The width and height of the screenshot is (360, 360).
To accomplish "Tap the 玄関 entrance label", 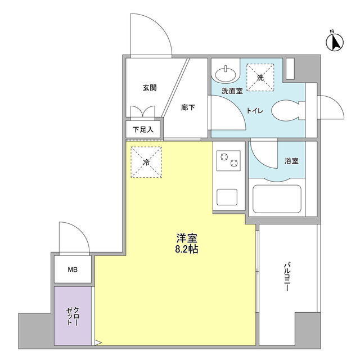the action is pyautogui.click(x=150, y=88).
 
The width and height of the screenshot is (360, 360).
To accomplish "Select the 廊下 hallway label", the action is pyautogui.click(x=188, y=107).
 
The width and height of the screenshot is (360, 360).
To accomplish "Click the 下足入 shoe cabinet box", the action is pyautogui.click(x=143, y=130).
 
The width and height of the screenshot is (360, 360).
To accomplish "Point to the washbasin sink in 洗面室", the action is pyautogui.click(x=225, y=74).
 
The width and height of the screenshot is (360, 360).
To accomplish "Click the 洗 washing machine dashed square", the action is pyautogui.click(x=260, y=78).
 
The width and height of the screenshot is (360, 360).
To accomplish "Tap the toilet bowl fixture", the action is pyautogui.click(x=288, y=111).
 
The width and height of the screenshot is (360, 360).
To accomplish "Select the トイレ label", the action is pyautogui.click(x=255, y=111).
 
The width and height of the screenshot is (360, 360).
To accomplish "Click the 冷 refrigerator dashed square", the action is pyautogui.click(x=146, y=162).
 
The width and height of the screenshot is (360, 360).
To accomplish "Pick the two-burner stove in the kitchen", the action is pyautogui.click(x=229, y=161).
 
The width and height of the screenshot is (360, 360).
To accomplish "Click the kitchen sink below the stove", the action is pyautogui.click(x=227, y=197).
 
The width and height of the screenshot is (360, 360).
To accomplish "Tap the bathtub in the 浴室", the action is pyautogui.click(x=277, y=199).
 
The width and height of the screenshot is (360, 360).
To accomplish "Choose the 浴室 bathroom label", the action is pyautogui.click(x=291, y=161).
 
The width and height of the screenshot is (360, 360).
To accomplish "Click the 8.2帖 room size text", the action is pyautogui.click(x=187, y=249).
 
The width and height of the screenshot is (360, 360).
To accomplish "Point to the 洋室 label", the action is pyautogui.click(x=187, y=238).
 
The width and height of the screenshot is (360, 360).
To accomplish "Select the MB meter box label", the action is pyautogui.click(x=73, y=270).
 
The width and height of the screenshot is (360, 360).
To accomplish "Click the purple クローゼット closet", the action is pyautogui.click(x=73, y=316).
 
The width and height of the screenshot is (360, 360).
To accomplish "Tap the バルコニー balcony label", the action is pyautogui.click(x=287, y=277).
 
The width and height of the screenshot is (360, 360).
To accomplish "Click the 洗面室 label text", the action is pyautogui.click(x=232, y=91).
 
